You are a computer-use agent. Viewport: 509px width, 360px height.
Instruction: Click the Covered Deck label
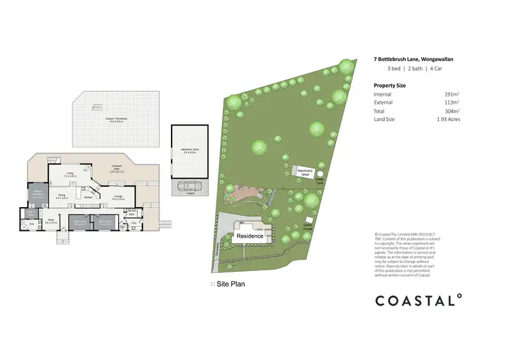coord(117,170)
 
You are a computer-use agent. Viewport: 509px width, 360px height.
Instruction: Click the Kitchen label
coord(88,206)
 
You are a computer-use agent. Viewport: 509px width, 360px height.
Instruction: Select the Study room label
coord(50,221)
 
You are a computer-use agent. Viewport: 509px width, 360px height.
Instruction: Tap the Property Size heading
coord(390,85)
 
